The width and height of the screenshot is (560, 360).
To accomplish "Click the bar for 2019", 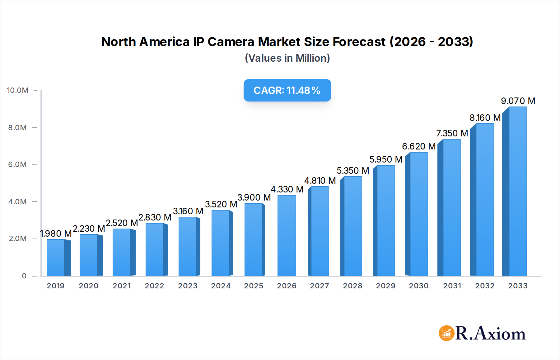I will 56,258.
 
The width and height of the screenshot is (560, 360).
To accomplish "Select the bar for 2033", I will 517,192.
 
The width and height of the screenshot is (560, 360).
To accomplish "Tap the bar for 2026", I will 287,236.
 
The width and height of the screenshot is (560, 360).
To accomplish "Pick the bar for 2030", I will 418,214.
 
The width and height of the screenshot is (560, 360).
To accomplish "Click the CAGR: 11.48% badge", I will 287,90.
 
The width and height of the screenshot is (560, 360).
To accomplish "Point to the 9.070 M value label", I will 518,101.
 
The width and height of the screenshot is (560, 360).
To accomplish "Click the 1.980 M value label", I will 56,234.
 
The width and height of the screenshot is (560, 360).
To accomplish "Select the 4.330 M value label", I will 287,189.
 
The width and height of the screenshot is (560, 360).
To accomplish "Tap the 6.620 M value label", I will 418,146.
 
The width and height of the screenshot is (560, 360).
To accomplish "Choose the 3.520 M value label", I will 221,204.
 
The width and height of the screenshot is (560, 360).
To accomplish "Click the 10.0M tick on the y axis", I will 18,90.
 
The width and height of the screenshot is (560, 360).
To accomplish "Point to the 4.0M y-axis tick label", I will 18,202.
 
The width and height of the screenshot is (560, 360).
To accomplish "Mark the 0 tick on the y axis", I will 24,276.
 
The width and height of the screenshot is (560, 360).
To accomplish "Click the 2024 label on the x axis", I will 221,286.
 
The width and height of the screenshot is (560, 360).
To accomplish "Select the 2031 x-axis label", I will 452,286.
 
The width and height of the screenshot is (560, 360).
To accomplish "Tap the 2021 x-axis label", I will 122,286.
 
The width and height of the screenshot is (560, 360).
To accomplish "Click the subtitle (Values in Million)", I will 287,58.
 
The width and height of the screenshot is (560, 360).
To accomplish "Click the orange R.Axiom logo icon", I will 446,333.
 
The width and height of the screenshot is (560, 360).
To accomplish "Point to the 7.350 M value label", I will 452,133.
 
